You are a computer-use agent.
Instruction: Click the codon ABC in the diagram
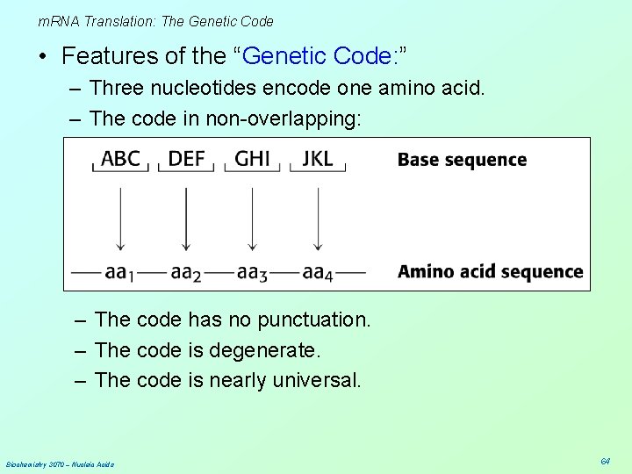[x=121, y=159]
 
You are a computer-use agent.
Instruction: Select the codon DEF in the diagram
[x=186, y=159]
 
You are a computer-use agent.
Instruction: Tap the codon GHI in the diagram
[x=253, y=159]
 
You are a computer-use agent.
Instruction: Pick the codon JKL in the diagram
[x=318, y=159]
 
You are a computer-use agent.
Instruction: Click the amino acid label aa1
[x=118, y=272]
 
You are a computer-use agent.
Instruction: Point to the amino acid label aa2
[x=185, y=272]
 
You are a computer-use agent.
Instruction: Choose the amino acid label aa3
[x=251, y=272]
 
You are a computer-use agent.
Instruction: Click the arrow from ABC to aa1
[x=121, y=211]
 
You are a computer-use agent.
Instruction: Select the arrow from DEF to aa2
[x=186, y=211]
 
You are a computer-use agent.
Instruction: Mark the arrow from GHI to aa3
[x=253, y=211]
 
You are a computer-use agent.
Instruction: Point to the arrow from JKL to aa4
[x=318, y=211]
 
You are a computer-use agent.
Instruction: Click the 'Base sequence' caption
[x=462, y=160]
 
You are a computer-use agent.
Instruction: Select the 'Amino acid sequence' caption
[x=490, y=271]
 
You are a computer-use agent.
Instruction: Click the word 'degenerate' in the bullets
[x=264, y=350]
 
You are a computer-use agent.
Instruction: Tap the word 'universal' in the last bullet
[x=318, y=380]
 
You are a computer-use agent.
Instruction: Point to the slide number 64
[x=605, y=461]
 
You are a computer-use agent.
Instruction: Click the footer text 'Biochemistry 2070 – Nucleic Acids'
[x=60, y=463]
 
